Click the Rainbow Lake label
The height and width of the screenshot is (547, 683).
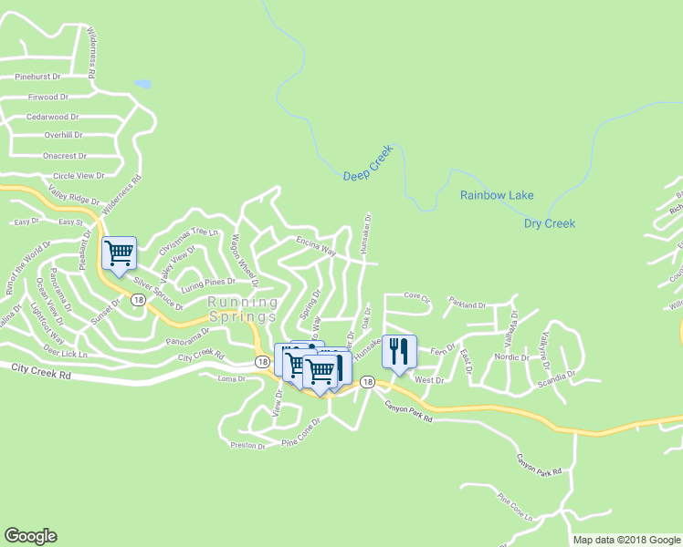497,195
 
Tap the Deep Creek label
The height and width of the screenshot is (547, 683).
368,163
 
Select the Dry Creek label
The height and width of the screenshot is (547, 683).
549,223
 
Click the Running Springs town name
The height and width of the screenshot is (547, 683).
242,309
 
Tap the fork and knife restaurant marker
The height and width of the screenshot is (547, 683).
399,350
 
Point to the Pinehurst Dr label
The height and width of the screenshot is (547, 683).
37,77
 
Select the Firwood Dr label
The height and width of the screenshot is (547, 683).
48,97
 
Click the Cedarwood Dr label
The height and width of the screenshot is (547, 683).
53,117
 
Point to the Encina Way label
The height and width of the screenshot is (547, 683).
316,245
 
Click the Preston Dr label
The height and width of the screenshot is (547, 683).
247,446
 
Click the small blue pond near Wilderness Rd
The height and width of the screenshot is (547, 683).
142,84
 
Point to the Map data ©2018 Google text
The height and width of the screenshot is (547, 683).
627,540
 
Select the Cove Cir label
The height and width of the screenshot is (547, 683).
416,296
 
